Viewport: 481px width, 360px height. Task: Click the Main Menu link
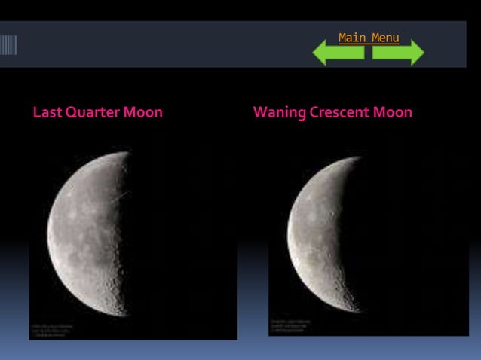pos(369,38)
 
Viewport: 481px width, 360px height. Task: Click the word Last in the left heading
pos(46,113)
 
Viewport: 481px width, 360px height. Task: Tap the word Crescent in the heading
pos(339,113)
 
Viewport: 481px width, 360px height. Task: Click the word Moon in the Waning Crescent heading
pos(393,113)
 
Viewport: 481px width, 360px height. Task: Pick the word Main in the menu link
pos(351,38)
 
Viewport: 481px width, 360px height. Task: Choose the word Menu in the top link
pos(384,38)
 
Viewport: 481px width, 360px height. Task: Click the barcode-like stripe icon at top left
pos(8,45)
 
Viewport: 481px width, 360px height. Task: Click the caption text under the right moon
pos(290,325)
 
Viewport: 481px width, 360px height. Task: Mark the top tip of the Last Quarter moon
pos(127,153)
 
